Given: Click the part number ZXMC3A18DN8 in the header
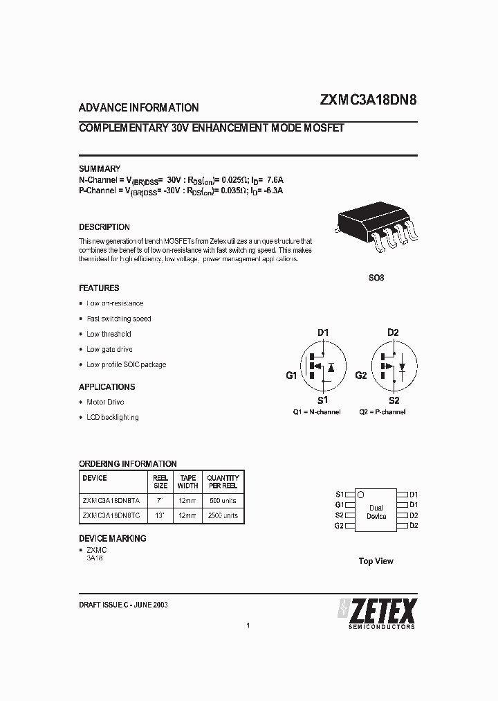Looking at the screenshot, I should [x=368, y=100].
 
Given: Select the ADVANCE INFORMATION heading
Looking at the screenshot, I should [x=139, y=108].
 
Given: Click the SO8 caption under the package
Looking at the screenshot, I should [x=376, y=278].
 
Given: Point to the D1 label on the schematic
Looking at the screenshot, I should [x=323, y=332].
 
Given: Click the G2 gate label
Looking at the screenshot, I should [x=360, y=375].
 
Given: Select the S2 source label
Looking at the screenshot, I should [x=394, y=400].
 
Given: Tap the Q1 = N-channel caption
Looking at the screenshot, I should [x=317, y=411].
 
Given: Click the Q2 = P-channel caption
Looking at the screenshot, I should [x=382, y=411].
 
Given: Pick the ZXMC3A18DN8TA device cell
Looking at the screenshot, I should [x=111, y=500].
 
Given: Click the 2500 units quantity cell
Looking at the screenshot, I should [x=223, y=515].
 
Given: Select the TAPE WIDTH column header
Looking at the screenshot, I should [x=187, y=481].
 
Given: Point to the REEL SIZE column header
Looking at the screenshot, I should [x=160, y=481].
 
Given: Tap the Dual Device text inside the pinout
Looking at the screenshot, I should [x=376, y=512].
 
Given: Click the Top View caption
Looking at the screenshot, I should [x=376, y=561].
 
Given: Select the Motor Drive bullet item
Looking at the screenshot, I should [x=105, y=402].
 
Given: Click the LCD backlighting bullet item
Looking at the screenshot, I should [x=112, y=417].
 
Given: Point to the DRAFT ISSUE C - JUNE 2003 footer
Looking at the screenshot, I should [x=123, y=605].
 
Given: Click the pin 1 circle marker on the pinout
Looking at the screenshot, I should [x=360, y=495].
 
